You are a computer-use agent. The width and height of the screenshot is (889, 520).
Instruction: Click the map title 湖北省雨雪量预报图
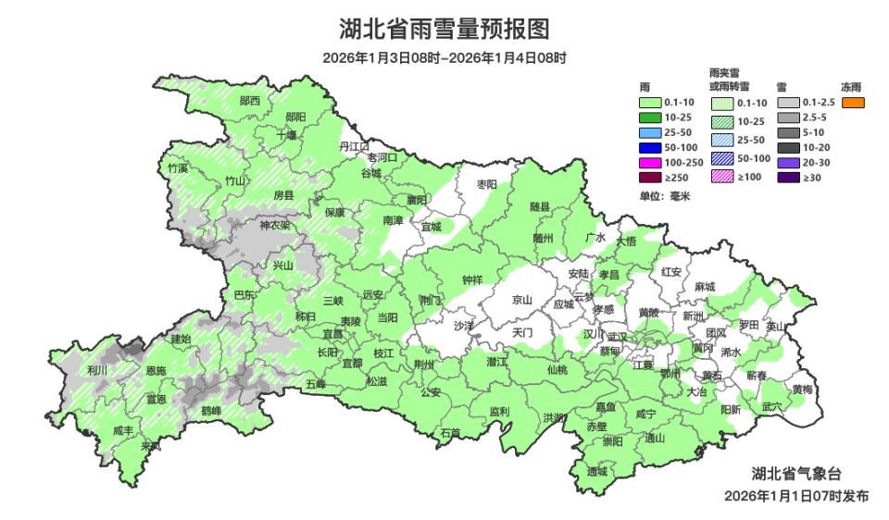pyautogui.click(x=444, y=30)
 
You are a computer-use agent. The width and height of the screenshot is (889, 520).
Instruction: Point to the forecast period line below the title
pyautogui.click(x=444, y=57)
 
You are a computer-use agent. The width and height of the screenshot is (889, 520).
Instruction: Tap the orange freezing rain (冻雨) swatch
pyautogui.click(x=853, y=102)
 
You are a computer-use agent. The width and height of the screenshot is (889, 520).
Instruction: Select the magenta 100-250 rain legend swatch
pyautogui.click(x=651, y=162)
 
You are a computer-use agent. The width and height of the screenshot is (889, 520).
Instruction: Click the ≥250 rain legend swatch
pyautogui.click(x=651, y=177)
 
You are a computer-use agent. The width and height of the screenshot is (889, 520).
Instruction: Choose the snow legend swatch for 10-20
pyautogui.click(x=788, y=147)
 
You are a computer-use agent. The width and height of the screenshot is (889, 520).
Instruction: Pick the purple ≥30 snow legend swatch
pyautogui.click(x=788, y=177)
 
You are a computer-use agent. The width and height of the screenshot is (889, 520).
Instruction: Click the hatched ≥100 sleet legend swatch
pyautogui.click(x=723, y=177)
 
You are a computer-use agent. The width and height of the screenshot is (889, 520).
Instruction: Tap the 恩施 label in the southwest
pyautogui.click(x=157, y=370)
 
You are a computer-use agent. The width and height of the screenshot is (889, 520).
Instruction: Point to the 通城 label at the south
pyautogui.click(x=597, y=471)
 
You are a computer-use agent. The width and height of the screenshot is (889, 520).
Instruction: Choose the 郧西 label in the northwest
pyautogui.click(x=250, y=100)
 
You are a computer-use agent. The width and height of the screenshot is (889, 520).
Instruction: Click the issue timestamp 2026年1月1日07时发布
pyautogui.click(x=796, y=496)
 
